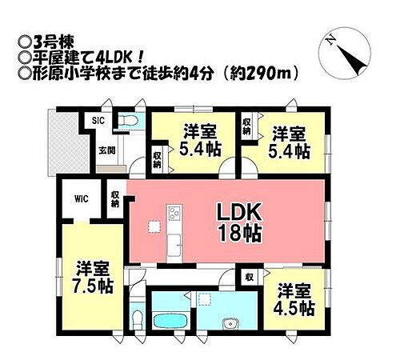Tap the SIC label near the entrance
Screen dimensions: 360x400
pyautogui.click(x=98, y=121)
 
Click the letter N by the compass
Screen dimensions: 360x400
pyautogui.click(x=329, y=38)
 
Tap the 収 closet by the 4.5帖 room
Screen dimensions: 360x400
pyautogui.click(x=250, y=278)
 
